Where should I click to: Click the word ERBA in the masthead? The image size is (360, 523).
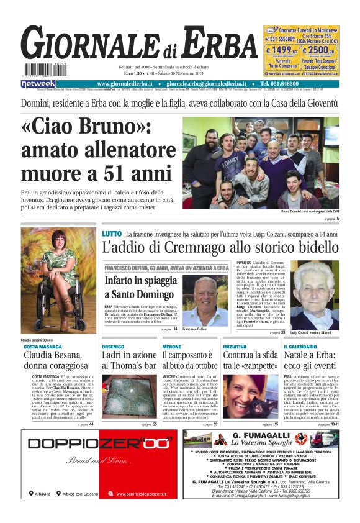[215, 45]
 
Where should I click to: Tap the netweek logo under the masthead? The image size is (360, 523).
[38, 84]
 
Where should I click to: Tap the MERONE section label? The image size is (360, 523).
[171, 347]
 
